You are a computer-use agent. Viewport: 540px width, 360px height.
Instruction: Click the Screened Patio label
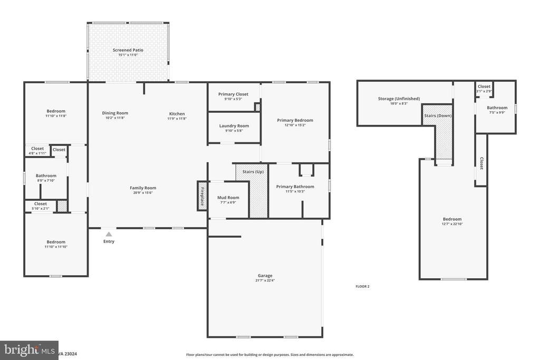(128, 50)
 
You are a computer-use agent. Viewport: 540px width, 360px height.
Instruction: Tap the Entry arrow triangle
(109, 233)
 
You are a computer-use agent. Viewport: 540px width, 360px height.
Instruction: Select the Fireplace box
(202, 196)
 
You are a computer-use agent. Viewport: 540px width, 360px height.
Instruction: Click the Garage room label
(265, 276)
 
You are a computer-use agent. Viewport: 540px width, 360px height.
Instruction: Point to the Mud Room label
(228, 198)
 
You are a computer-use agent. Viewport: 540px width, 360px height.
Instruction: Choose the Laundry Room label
(234, 126)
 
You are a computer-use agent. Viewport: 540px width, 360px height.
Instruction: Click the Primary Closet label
(233, 94)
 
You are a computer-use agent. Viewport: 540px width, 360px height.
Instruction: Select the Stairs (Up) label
(253, 172)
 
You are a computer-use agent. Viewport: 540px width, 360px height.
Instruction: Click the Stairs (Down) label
(437, 115)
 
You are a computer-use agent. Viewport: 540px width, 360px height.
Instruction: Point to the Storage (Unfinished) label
(399, 99)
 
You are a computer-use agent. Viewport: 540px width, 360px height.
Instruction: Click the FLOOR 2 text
(362, 286)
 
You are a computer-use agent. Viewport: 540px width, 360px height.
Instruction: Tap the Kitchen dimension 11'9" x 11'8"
(177, 119)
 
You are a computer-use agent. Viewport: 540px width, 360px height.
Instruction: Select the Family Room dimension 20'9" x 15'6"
(143, 193)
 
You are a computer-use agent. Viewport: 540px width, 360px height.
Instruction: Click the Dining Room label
(115, 113)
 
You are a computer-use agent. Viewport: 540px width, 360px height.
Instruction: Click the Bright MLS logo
(29, 350)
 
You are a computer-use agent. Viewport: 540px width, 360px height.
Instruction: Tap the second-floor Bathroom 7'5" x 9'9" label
(497, 108)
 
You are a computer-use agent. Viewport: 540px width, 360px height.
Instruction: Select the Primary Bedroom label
(295, 120)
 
